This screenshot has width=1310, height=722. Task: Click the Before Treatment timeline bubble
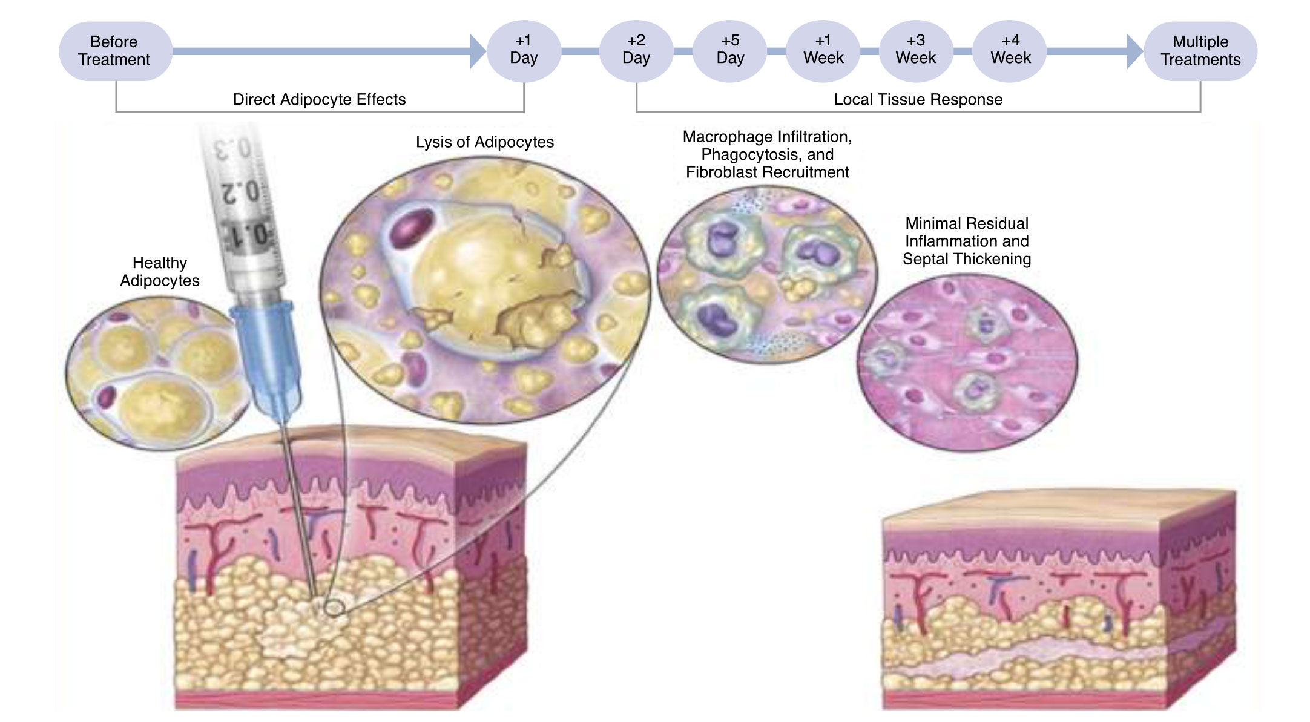point(115,51)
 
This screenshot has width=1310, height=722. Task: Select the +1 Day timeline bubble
point(524,51)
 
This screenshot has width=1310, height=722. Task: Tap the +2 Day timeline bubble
point(636,51)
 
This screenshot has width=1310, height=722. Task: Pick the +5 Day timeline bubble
point(730,51)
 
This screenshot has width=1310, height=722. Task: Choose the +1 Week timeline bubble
point(823,51)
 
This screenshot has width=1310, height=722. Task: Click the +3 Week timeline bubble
point(916,51)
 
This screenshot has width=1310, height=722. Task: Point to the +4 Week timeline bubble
point(1010,51)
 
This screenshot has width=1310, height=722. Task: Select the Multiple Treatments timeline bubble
point(1200,51)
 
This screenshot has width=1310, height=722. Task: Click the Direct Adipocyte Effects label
point(320,99)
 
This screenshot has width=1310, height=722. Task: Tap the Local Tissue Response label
point(918,99)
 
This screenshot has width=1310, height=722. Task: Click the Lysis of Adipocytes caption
point(485,142)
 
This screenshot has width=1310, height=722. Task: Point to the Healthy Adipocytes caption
point(160,272)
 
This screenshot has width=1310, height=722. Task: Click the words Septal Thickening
point(967,259)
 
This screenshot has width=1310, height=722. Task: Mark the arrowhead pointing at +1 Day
point(478,51)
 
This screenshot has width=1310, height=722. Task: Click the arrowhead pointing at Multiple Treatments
point(1134,51)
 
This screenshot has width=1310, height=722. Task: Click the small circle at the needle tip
point(334,608)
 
